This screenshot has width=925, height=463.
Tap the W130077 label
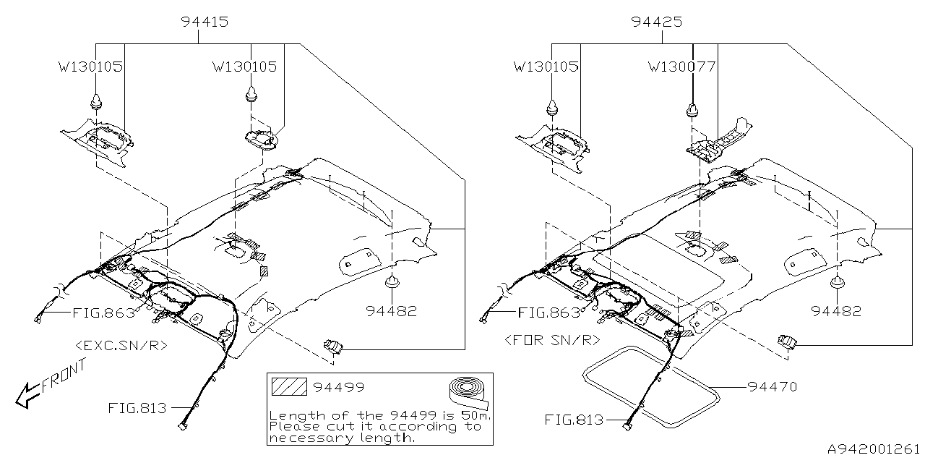point(681,67)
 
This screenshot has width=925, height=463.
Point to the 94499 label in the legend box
point(339,388)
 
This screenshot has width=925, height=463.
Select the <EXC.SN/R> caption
point(121,345)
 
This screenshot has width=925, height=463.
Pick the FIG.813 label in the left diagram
point(137,408)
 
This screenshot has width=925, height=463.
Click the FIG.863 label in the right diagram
point(549,313)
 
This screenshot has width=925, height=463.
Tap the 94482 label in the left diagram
point(391,312)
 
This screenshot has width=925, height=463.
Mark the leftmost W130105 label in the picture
point(90,67)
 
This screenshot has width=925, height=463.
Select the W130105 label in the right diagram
point(546,67)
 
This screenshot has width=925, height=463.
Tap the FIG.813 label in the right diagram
point(574,420)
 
